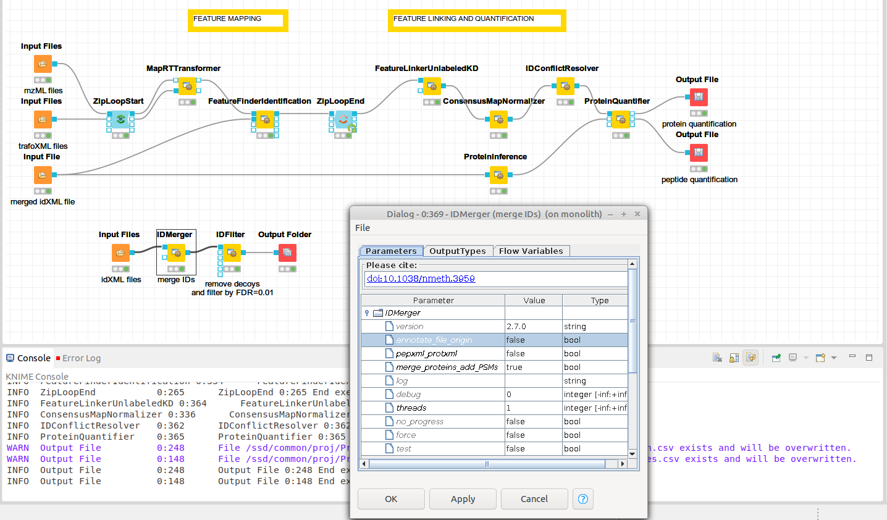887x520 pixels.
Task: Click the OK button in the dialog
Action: coord(391,499)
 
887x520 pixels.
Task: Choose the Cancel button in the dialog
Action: coord(534,499)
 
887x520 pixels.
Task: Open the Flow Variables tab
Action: coord(531,251)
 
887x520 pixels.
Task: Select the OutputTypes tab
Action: coord(458,251)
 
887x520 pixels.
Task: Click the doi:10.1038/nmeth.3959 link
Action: coord(421,279)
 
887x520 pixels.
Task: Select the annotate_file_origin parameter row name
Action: coord(434,340)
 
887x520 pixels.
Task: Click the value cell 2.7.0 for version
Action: coord(533,326)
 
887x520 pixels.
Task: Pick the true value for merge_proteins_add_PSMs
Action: coord(533,367)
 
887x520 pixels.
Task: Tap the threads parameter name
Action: coord(411,408)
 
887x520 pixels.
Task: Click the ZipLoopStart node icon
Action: coord(120,119)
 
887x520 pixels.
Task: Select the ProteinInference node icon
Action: coord(498,175)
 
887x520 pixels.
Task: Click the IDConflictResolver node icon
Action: coord(565,86)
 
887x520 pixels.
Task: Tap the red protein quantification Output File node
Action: coord(699,97)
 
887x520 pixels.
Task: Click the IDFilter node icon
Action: coord(232,253)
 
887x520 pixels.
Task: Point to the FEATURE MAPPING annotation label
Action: coord(238,19)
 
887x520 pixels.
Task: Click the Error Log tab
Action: coord(81,358)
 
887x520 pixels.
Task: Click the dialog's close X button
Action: coord(637,214)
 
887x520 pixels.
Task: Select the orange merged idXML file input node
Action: coord(43,175)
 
